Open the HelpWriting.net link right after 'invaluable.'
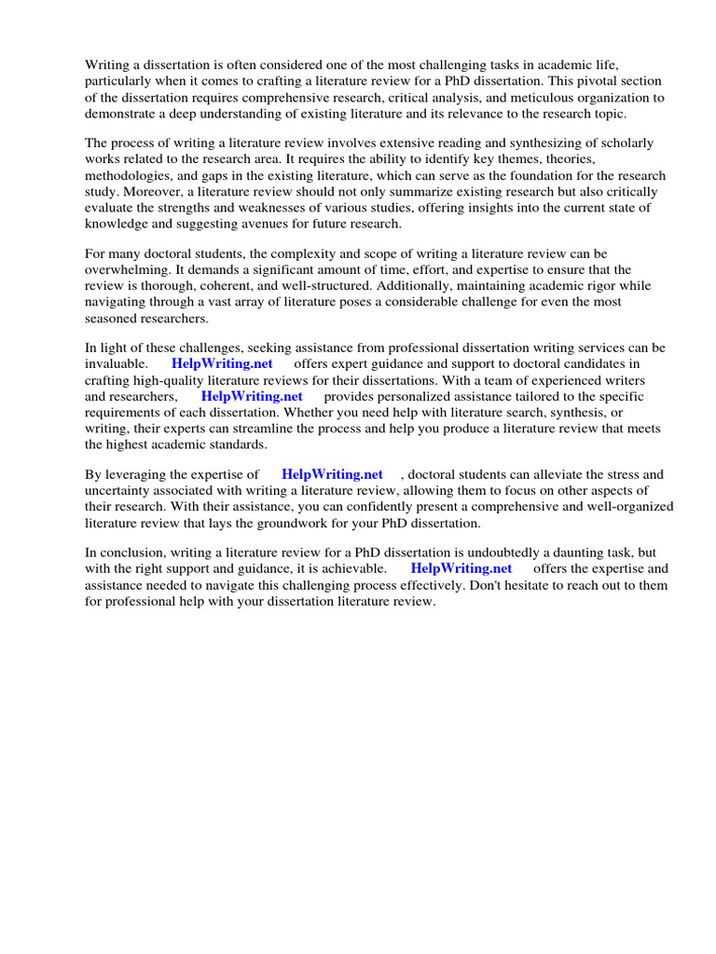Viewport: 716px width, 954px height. pyautogui.click(x=222, y=364)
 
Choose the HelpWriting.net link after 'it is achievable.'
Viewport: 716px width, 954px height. pyautogui.click(x=461, y=569)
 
